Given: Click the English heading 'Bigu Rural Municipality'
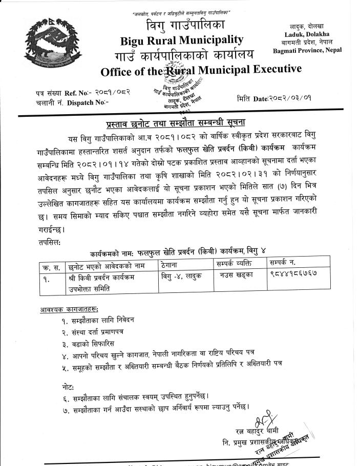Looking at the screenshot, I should (182, 39).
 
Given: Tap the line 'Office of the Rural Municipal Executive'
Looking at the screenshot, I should (201, 70).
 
